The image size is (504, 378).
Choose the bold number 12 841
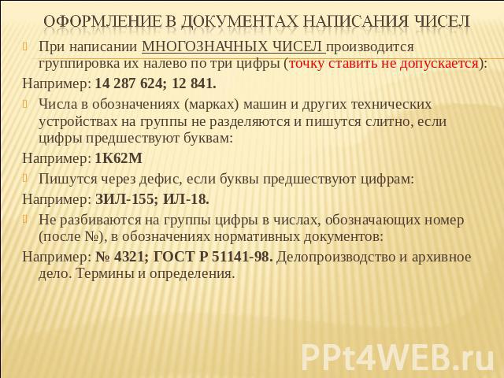coord(194,83)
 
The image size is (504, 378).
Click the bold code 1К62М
coord(119,158)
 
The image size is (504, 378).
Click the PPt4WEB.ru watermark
coord(398,357)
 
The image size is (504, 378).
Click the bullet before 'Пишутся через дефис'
coord(26,178)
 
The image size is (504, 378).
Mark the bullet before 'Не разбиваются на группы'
coord(26,219)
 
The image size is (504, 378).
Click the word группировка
coord(80,64)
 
